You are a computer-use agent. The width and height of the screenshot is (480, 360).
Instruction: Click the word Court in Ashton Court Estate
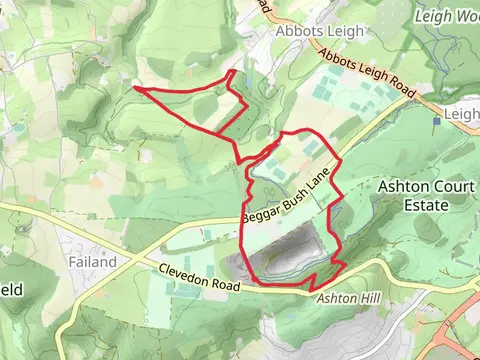coord(451,186)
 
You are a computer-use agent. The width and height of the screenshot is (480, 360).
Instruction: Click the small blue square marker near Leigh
coord(436,121)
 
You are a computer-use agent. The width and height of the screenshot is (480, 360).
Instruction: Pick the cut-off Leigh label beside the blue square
coord(461,114)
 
